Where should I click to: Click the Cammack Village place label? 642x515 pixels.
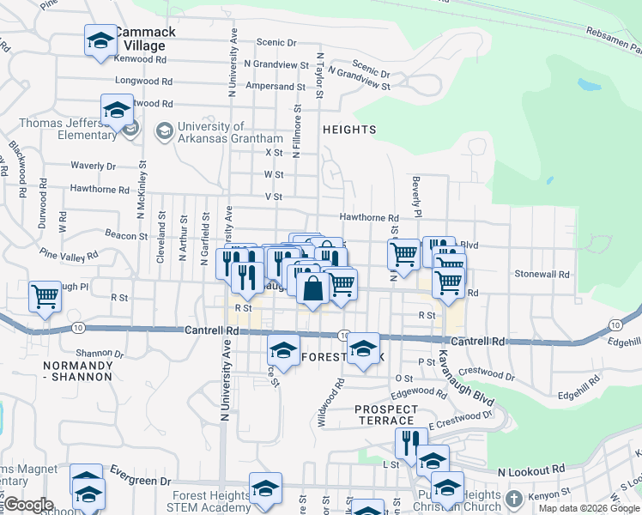click(144, 39)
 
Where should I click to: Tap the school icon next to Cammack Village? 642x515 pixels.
click(100, 40)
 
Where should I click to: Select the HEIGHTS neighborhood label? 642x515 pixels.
click(349, 130)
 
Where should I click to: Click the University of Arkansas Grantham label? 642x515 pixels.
click(229, 132)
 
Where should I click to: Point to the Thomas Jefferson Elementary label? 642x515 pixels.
click(68, 129)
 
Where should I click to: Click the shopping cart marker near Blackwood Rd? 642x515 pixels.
click(45, 296)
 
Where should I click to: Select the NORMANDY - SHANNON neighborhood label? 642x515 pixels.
click(77, 371)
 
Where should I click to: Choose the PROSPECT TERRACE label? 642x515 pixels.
click(386, 415)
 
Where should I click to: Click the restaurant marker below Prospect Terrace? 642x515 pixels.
click(411, 443)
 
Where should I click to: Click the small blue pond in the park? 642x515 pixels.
click(589, 85)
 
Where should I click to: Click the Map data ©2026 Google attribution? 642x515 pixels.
click(588, 508)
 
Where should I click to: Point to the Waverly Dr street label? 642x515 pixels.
click(93, 166)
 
